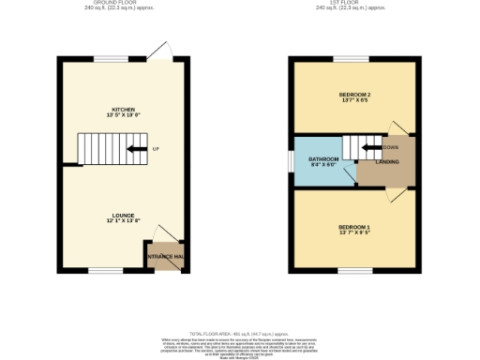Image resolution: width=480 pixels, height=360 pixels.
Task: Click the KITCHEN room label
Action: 117,110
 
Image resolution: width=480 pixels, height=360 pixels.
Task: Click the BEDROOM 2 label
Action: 354,94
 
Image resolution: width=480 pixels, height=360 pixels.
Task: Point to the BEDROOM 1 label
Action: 354,227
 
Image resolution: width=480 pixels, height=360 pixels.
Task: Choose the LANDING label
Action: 387,162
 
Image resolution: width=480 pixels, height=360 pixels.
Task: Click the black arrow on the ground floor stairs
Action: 136,149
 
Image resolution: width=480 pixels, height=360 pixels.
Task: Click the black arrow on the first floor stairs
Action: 370,147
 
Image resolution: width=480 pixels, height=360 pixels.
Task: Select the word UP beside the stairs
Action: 156,149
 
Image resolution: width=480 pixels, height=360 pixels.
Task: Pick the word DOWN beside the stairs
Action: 391,147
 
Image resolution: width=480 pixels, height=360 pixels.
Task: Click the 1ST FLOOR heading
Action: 353,3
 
